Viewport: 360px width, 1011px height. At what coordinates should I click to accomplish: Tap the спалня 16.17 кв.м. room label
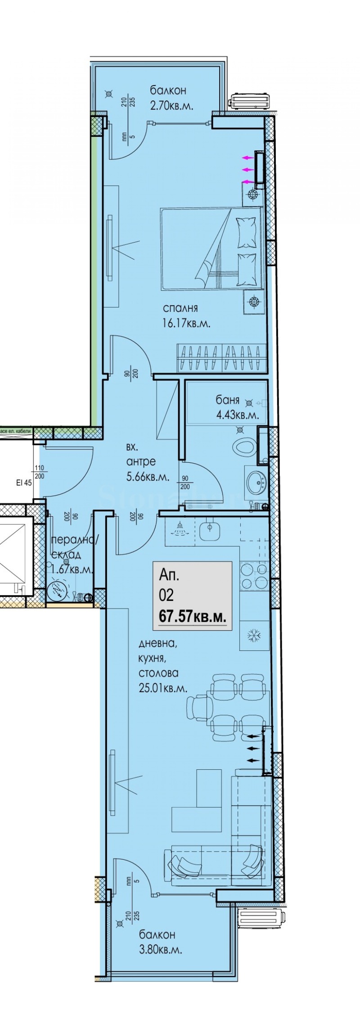pyautogui.click(x=186, y=316)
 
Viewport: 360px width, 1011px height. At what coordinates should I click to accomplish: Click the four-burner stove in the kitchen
pyautogui.click(x=254, y=577)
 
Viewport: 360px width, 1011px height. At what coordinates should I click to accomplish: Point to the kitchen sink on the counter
pyautogui.click(x=209, y=531)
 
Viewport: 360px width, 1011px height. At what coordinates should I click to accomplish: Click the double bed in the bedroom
pyautogui.click(x=211, y=248)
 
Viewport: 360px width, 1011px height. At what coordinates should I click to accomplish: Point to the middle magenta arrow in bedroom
pyautogui.click(x=247, y=170)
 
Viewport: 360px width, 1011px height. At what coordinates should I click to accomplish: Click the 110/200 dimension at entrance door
pyautogui.click(x=39, y=473)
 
